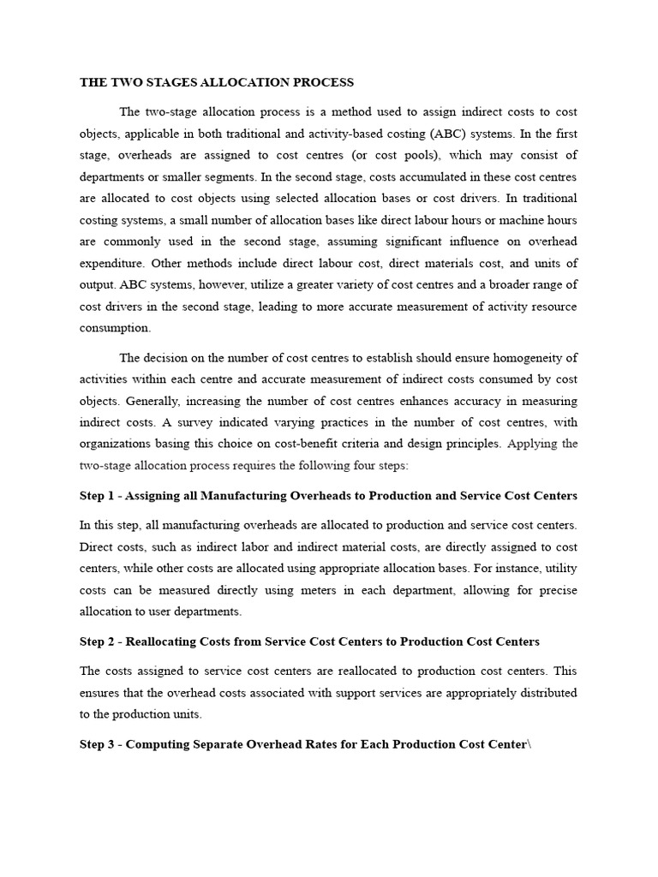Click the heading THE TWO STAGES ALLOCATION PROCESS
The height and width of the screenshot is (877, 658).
coord(216,83)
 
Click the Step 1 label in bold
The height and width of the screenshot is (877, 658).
coord(97,496)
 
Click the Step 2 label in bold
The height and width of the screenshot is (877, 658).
coord(97,641)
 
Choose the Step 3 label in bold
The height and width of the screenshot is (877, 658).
coord(97,744)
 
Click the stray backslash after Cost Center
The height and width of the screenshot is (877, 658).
coord(529,744)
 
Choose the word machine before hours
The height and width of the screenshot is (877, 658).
coord(514,220)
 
